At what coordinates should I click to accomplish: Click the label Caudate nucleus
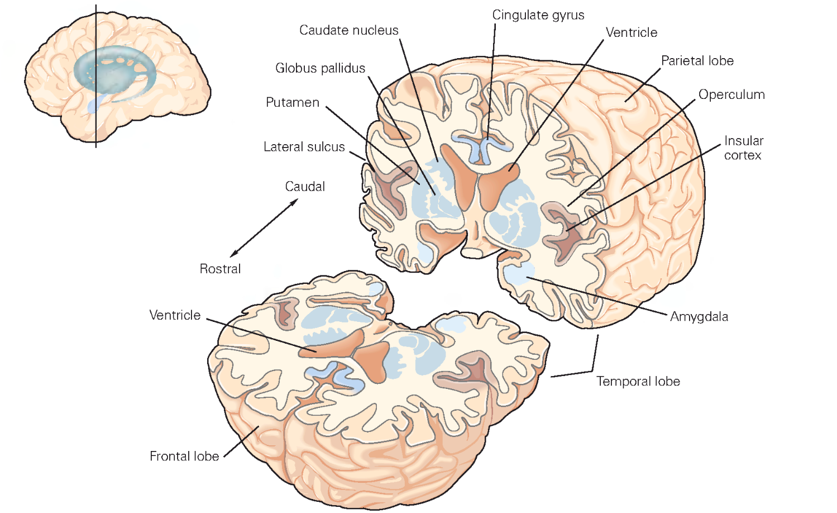pyautogui.click(x=348, y=30)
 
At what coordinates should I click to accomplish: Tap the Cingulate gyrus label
pyautogui.click(x=538, y=15)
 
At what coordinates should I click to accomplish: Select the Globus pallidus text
pyautogui.click(x=320, y=68)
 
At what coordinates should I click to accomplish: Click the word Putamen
pyautogui.click(x=292, y=102)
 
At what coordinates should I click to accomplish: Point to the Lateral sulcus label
pyautogui.click(x=304, y=147)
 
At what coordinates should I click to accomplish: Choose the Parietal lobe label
pyautogui.click(x=697, y=61)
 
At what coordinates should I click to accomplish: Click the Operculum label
pyautogui.click(x=731, y=94)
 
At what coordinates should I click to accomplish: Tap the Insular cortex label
pyautogui.click(x=743, y=148)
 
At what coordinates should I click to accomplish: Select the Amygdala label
pyautogui.click(x=699, y=317)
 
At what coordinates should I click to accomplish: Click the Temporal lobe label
pyautogui.click(x=638, y=382)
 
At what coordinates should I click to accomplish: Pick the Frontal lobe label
pyautogui.click(x=184, y=457)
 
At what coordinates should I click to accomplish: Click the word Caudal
pyautogui.click(x=304, y=187)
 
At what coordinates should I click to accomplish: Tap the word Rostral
pyautogui.click(x=220, y=269)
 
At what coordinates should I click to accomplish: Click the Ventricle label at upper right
pyautogui.click(x=631, y=32)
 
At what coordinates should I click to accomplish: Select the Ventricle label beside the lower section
pyautogui.click(x=175, y=315)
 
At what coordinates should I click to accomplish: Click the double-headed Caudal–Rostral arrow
pyautogui.click(x=264, y=228)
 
